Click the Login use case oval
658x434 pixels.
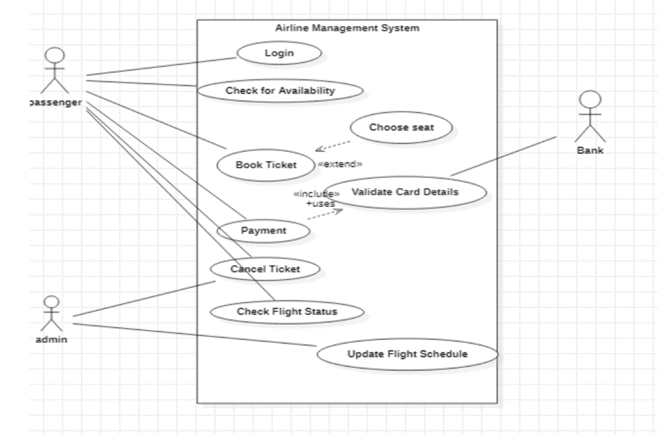click(x=268, y=53)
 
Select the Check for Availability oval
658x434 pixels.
click(x=280, y=90)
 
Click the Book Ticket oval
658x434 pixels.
click(x=266, y=165)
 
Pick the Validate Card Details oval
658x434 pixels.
click(x=405, y=192)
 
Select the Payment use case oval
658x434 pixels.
click(x=264, y=231)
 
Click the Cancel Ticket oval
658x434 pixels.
click(x=264, y=269)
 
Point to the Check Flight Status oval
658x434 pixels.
click(x=287, y=312)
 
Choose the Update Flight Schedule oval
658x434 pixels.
click(x=407, y=354)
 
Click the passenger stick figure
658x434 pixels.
click(x=56, y=71)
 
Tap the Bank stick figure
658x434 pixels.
click(x=590, y=116)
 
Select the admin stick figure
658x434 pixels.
click(x=51, y=312)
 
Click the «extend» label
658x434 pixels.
click(x=339, y=164)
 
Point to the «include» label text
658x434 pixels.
click(x=316, y=195)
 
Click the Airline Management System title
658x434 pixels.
click(x=347, y=28)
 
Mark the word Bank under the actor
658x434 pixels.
click(x=590, y=150)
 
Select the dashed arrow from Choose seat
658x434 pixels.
click(x=332, y=145)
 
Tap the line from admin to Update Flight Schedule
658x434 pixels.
click(x=195, y=335)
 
